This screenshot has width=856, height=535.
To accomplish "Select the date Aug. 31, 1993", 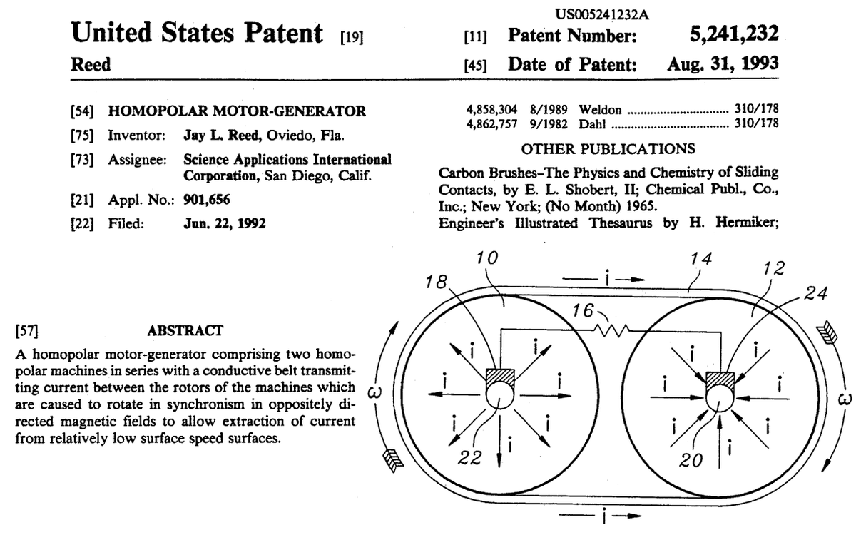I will (723, 64).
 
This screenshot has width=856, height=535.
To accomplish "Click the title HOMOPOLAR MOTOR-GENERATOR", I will (237, 111).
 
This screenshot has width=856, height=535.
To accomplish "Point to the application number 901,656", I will (207, 199).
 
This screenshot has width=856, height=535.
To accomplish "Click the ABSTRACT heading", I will (185, 330).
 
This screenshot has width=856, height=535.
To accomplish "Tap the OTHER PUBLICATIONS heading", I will (608, 149).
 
